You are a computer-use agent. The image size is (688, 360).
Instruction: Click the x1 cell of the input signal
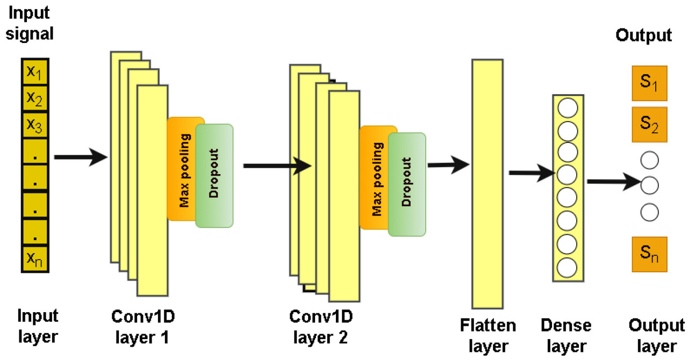point(35,72)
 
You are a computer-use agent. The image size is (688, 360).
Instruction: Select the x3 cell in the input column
point(35,126)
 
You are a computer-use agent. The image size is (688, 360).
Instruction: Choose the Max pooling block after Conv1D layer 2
point(375,177)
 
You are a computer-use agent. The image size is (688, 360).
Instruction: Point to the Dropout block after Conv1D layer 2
point(407,184)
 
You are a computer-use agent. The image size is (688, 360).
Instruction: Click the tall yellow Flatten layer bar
point(488,184)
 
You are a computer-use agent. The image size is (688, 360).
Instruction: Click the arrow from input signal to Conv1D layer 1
point(81,157)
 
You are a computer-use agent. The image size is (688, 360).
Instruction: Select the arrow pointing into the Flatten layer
point(449,165)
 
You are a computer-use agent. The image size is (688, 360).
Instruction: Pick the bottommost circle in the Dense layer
point(568,267)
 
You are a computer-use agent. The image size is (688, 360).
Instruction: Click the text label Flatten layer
point(488,335)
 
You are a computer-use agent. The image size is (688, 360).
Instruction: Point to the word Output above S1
point(643,36)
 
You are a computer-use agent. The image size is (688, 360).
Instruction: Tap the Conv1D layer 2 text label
point(319,327)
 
